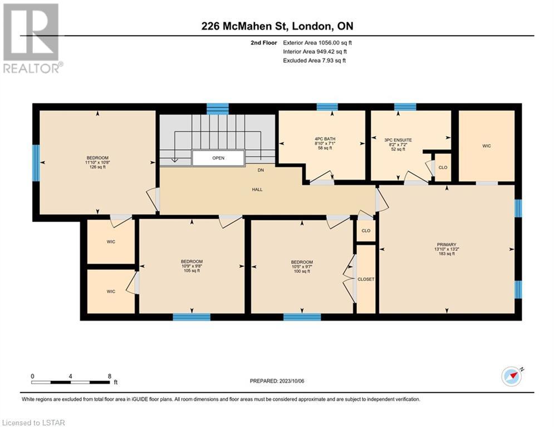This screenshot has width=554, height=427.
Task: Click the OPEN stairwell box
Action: click(218, 158)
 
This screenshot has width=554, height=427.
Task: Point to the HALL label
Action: click(257, 190)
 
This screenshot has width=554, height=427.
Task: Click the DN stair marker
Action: click(261, 170)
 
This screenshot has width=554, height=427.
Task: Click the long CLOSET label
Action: click(366, 279)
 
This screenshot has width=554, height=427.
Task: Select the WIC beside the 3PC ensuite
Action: click(487, 146)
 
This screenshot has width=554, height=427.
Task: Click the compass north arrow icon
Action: click(512, 376)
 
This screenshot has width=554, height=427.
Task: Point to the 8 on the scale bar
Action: click(110, 376)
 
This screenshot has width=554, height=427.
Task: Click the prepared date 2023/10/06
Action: click(292, 381)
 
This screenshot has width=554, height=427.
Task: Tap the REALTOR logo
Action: click(32, 38)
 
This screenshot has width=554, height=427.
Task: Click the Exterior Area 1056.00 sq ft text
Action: click(317, 43)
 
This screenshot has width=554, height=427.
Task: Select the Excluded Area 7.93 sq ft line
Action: click(315, 61)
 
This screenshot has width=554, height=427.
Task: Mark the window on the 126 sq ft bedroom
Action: click(36, 163)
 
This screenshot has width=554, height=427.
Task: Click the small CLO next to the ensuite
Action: click(443, 167)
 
